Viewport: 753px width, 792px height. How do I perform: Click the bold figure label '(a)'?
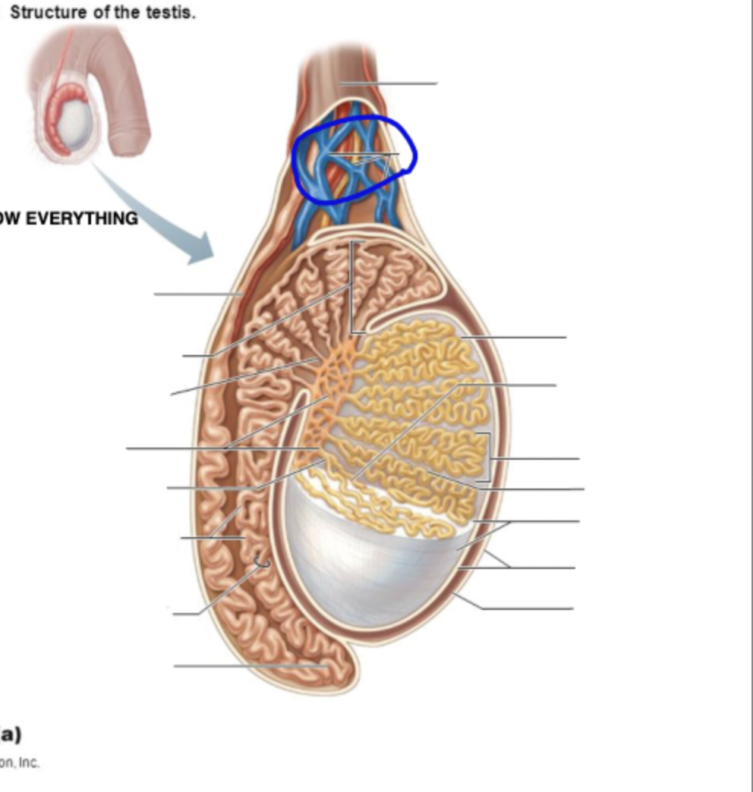tap(10, 734)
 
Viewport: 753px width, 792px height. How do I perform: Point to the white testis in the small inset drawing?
tap(77, 121)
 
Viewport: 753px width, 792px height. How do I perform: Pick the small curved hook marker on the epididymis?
tap(262, 563)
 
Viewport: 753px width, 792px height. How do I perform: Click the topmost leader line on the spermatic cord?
tap(387, 83)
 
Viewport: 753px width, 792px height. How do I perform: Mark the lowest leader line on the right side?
tap(524, 608)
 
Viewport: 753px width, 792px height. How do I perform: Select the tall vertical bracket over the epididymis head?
tap(351, 288)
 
